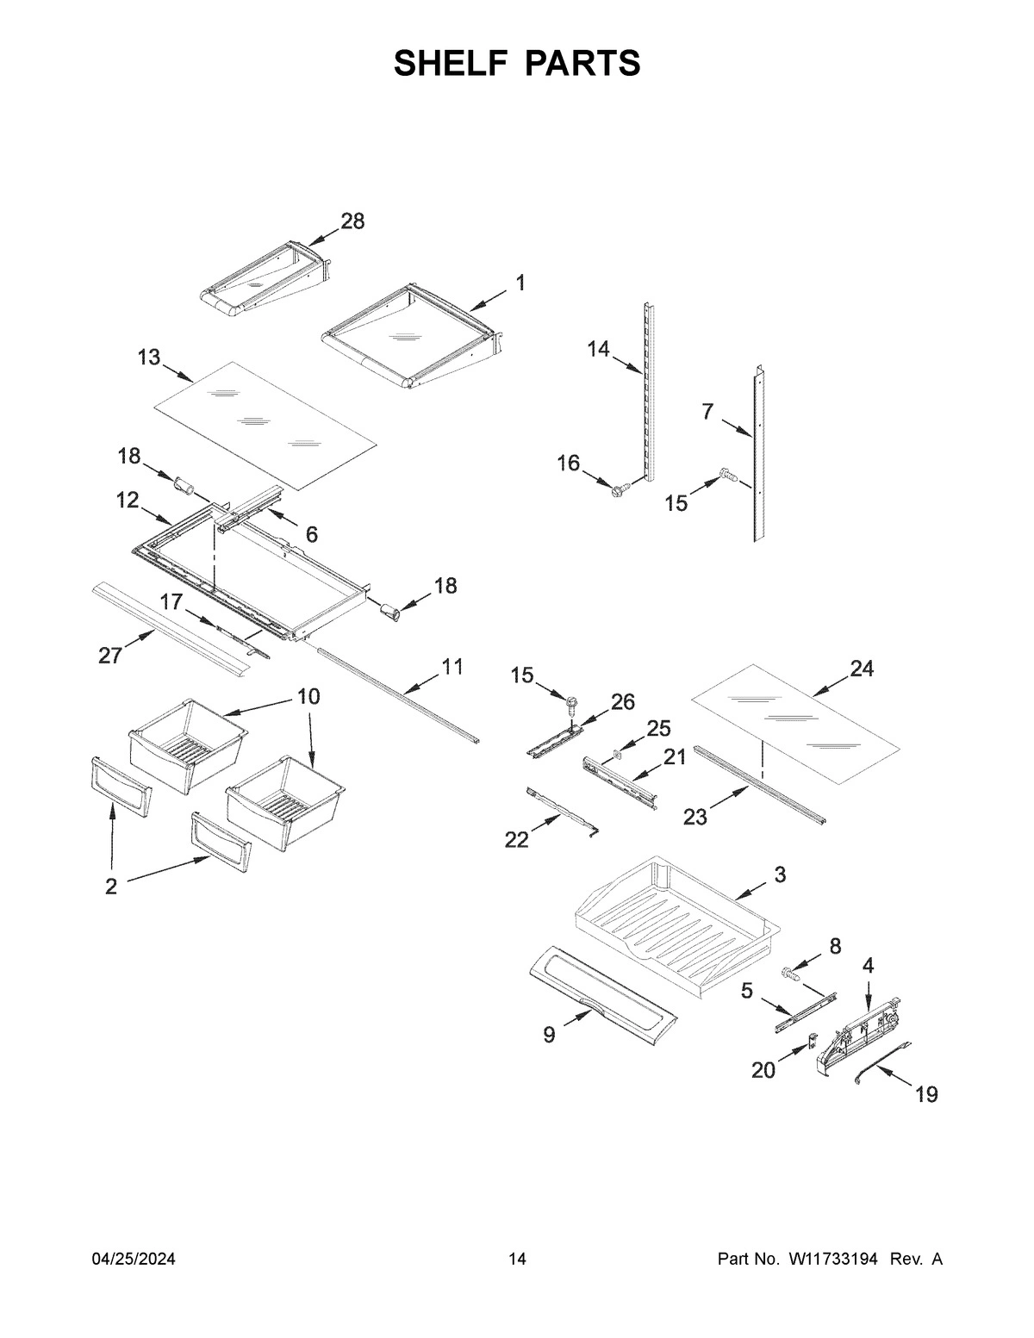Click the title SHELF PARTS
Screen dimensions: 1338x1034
coord(517,64)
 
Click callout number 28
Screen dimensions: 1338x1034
coord(352,221)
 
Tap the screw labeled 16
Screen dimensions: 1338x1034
coord(618,490)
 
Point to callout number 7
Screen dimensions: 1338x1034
coord(707,413)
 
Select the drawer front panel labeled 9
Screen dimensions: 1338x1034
coord(602,995)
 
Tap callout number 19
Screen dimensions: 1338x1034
coord(925,1094)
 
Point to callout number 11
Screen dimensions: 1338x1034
coord(452,666)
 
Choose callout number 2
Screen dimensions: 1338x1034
coord(111,887)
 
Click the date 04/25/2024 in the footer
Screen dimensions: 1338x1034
coord(134,1260)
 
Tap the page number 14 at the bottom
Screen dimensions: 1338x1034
coord(517,1260)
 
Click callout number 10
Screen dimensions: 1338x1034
coord(308,696)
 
